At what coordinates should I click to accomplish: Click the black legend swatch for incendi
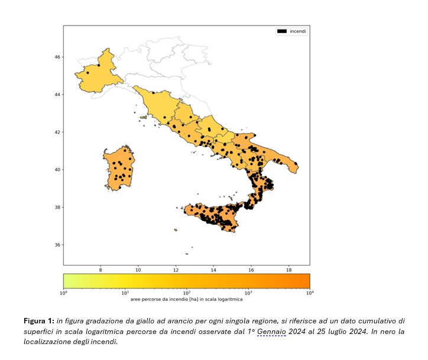282,31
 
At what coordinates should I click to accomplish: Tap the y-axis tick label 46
58,57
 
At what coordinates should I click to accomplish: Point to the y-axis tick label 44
58,95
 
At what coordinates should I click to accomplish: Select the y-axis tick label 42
58,132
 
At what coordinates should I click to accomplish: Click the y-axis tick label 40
58,170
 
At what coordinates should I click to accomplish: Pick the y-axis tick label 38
58,207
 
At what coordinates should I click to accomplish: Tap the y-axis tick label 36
58,245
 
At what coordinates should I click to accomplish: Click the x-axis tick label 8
100,270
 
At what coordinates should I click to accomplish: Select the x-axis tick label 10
138,270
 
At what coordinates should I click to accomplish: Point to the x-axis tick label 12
176,270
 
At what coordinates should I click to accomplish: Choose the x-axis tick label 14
213,270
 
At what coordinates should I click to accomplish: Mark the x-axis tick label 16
251,270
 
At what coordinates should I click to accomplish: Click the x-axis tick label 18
288,270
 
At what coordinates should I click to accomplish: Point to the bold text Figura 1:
40,321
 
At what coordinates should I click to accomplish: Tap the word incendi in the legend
297,31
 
